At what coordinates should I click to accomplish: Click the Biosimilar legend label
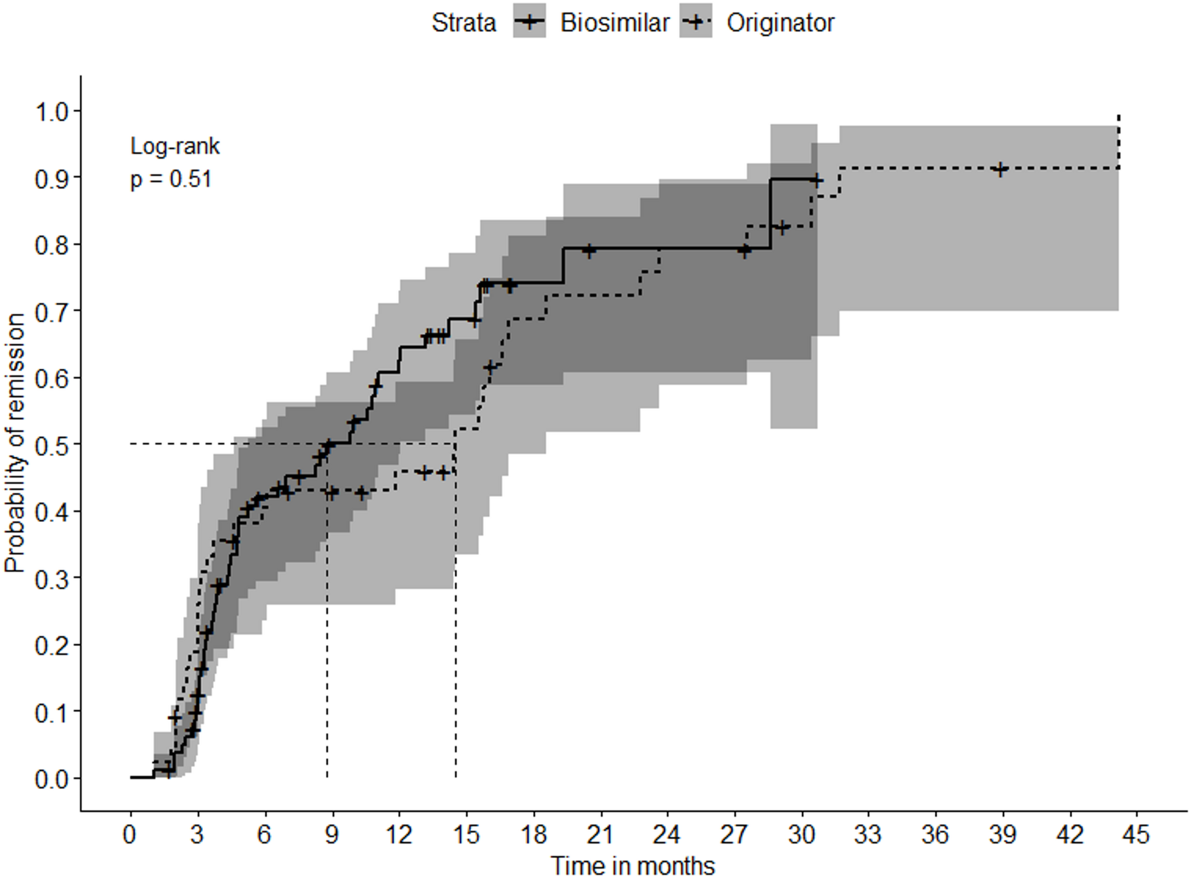coord(614,23)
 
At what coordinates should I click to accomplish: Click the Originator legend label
coord(780,23)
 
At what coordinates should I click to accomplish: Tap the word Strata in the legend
coord(463,23)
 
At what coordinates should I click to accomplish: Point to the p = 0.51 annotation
coord(171,179)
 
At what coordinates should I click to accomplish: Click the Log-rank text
coord(175,146)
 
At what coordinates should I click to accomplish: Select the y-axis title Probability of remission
coord(15,443)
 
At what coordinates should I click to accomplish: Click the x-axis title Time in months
coord(633,866)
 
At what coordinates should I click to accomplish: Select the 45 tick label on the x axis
coord(1136,835)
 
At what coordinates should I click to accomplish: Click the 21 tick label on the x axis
coord(600,835)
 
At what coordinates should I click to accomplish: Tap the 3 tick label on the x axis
coord(197,835)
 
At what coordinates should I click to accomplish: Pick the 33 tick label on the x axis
coord(868,835)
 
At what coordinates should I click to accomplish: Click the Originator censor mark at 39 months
coord(1001,169)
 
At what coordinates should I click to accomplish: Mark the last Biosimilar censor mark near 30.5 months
coord(816,180)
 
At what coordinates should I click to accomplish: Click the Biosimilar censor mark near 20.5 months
coord(588,250)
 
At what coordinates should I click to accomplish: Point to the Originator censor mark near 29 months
coord(782,227)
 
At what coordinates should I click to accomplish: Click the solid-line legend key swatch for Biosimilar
coord(529,23)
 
